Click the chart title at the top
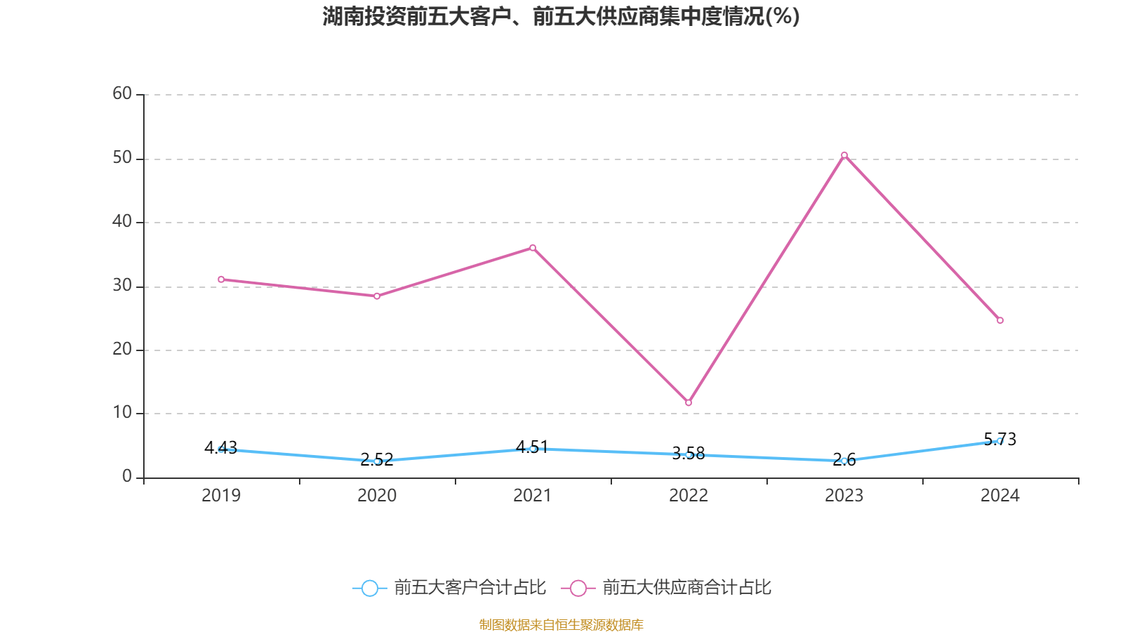pos(561,16)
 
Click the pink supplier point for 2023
pos(844,155)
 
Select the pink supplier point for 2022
pos(689,403)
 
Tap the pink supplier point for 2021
pos(533,248)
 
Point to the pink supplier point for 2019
pos(221,279)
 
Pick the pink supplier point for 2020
pos(377,296)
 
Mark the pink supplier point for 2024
pos(1000,320)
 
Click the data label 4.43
pos(221,447)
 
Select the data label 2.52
pos(377,460)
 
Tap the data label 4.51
pos(533,447)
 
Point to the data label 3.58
pos(689,453)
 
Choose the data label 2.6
pos(844,460)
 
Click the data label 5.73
pos(1000,439)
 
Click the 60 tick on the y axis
pos(122,93)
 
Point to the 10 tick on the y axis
pos(122,413)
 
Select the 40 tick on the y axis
pos(122,222)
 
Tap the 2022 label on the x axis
pos(689,496)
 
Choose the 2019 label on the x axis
pos(221,496)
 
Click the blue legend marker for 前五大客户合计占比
pos(370,588)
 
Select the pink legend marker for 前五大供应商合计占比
pos(578,588)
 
